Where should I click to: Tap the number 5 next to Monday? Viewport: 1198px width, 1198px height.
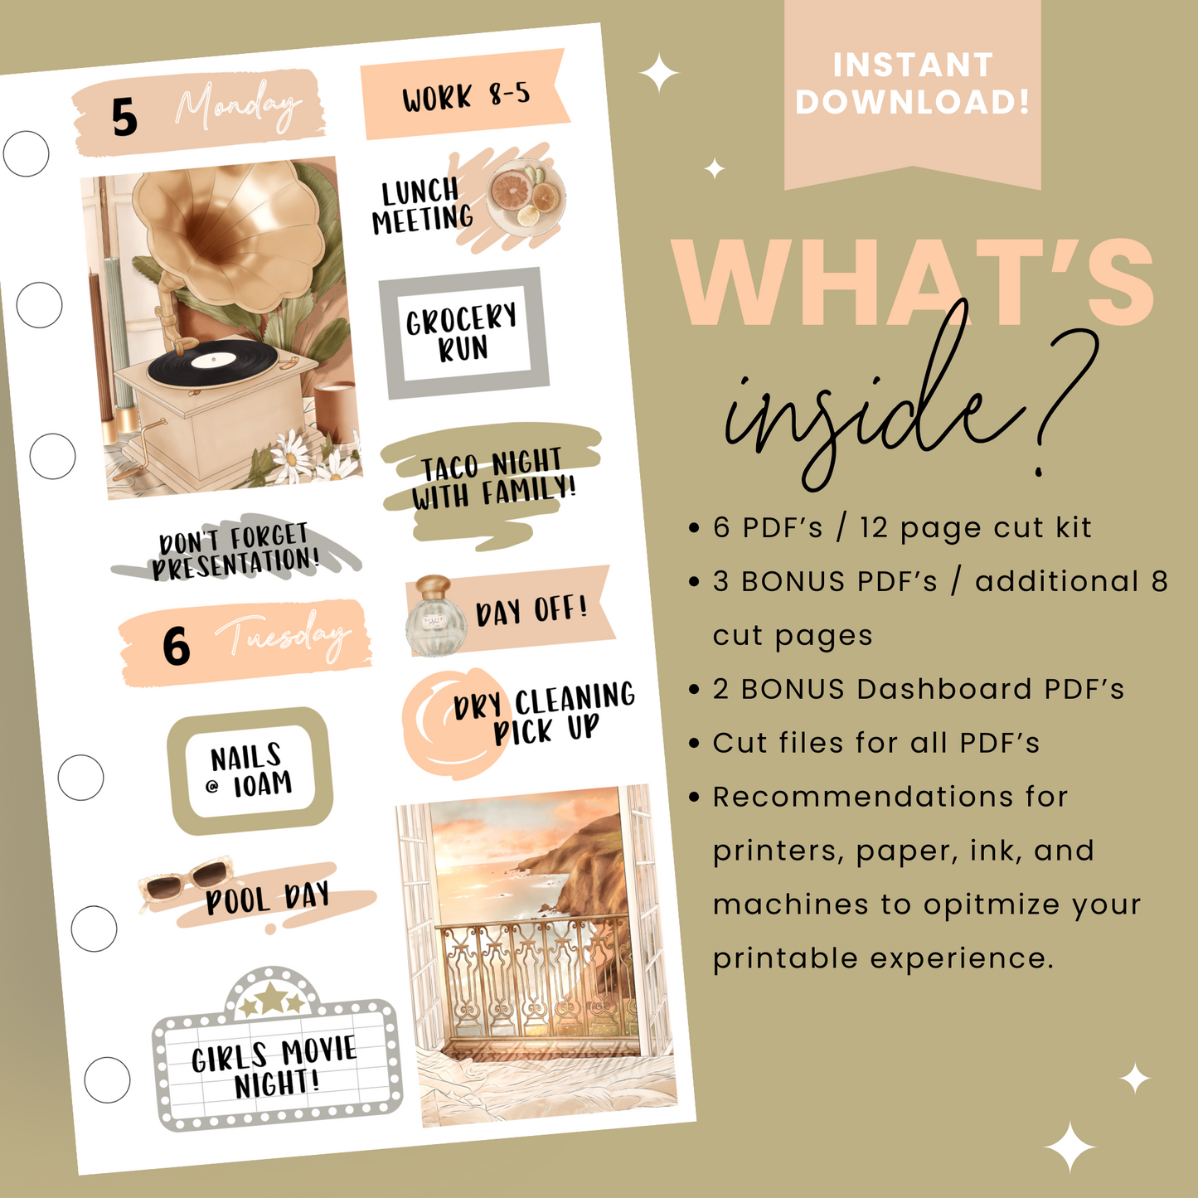click(124, 117)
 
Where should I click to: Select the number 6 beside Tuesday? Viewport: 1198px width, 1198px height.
click(176, 647)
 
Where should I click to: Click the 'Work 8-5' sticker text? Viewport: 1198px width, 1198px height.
click(466, 96)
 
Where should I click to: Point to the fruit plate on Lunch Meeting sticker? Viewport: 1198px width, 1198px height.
click(524, 196)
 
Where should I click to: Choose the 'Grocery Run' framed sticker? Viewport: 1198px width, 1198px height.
click(463, 333)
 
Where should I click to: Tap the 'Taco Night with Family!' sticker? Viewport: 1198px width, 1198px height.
click(492, 480)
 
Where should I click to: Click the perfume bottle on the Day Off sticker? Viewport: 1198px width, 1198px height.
click(436, 616)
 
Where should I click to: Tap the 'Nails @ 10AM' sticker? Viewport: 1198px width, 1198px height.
click(250, 770)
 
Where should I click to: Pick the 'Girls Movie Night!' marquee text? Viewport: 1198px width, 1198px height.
click(274, 1068)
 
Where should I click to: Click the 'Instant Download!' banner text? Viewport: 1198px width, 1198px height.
click(912, 83)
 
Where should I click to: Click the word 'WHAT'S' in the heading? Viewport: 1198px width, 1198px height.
click(912, 284)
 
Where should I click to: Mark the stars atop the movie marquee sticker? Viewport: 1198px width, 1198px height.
click(271, 999)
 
